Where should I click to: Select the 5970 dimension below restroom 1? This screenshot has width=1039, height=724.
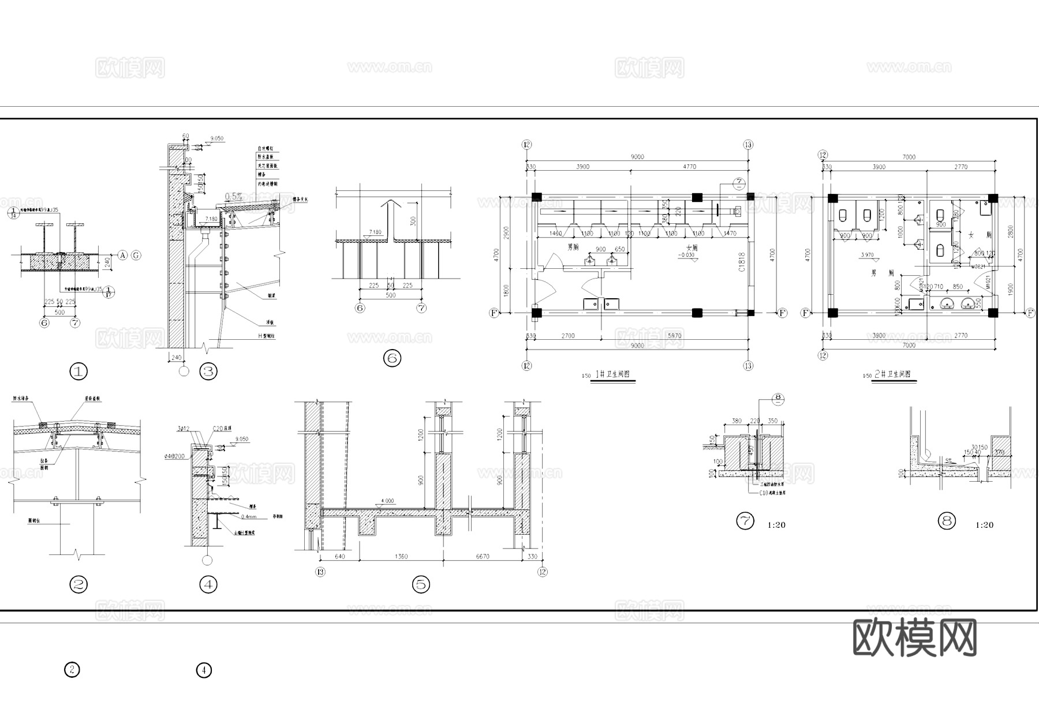click(x=674, y=336)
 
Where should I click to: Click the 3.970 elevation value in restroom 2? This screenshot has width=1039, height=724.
click(x=867, y=255)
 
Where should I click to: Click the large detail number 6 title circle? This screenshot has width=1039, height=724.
click(x=392, y=358)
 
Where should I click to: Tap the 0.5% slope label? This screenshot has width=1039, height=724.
click(x=233, y=196)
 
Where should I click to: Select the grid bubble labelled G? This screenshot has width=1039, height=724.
click(x=136, y=255)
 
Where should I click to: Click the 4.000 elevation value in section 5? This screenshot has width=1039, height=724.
click(x=387, y=501)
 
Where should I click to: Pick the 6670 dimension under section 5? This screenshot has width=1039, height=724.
click(x=482, y=557)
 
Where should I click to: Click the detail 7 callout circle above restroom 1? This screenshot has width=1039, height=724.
click(x=739, y=183)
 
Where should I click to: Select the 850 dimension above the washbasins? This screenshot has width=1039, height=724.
click(x=958, y=287)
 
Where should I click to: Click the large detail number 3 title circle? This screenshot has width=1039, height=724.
click(x=208, y=372)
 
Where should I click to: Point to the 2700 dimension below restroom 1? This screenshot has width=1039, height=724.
click(x=568, y=336)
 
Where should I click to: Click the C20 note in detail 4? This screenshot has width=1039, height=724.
click(x=218, y=428)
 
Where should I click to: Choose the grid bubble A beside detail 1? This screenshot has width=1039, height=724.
click(x=122, y=255)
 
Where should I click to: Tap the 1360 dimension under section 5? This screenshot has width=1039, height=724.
click(x=401, y=557)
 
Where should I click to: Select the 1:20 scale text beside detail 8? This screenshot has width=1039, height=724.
click(x=984, y=525)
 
